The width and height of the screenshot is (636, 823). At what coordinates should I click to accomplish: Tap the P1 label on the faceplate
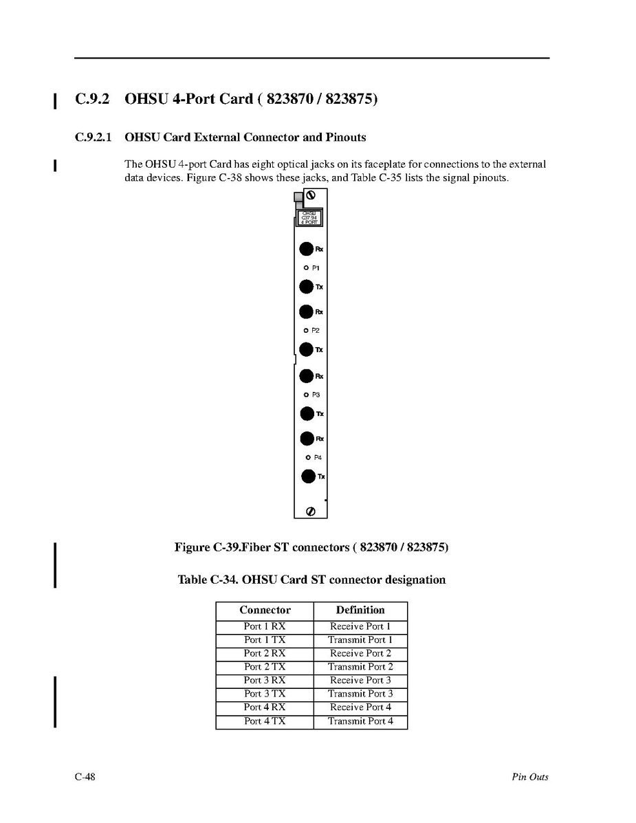tap(316, 267)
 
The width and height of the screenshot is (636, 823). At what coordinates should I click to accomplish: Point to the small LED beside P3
tap(307, 395)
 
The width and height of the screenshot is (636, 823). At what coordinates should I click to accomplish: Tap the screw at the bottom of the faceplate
tap(310, 511)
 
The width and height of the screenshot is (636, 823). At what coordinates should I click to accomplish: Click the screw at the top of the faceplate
tap(309, 196)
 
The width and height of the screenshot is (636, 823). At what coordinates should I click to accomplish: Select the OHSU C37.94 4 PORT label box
tap(309, 218)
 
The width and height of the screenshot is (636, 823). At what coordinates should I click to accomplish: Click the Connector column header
tap(265, 611)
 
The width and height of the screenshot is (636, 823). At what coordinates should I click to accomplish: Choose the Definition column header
tap(360, 611)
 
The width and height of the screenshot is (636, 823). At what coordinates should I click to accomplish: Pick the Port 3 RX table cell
tap(265, 681)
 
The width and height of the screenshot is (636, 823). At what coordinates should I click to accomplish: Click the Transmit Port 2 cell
tap(360, 667)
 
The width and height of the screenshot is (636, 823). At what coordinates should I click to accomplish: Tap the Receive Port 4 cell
tap(360, 707)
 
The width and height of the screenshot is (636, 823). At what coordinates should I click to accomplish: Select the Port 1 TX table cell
tap(265, 640)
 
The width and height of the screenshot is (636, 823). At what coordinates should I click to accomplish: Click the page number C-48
tap(85, 777)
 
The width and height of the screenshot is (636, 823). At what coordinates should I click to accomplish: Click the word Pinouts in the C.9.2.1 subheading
tap(343, 138)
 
